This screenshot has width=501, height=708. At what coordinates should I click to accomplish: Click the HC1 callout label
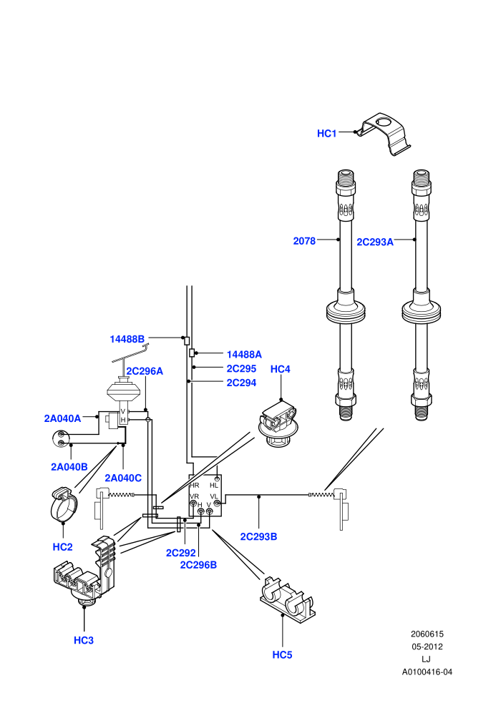pyautogui.click(x=326, y=133)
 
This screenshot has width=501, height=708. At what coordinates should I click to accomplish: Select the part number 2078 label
pyautogui.click(x=304, y=241)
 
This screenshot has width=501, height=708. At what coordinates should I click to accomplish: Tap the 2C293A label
pyautogui.click(x=375, y=242)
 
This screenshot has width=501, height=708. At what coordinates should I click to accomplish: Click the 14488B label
pyautogui.click(x=127, y=339)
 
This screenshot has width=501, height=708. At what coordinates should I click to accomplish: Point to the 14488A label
pyautogui.click(x=244, y=355)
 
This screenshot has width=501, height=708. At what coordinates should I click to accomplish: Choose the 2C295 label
pyautogui.click(x=241, y=368)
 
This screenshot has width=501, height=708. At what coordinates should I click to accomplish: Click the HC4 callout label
pyautogui.click(x=280, y=369)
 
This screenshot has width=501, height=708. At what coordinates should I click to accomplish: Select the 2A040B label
pyautogui.click(x=69, y=467)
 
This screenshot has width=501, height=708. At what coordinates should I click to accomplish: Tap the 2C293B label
pyautogui.click(x=258, y=536)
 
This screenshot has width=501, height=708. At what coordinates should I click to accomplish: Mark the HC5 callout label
pyautogui.click(x=282, y=654)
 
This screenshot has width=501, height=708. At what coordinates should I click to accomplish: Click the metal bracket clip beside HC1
pyautogui.click(x=384, y=134)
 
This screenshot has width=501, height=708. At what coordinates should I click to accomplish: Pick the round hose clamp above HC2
pyautogui.click(x=63, y=505)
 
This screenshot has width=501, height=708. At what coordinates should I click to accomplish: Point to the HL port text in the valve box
pyautogui.click(x=214, y=485)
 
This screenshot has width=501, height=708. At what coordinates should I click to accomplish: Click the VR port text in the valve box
pyautogui.click(x=194, y=497)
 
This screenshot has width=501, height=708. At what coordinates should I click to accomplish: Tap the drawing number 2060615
pyautogui.click(x=427, y=634)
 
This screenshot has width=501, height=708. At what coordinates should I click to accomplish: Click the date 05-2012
pyautogui.click(x=427, y=646)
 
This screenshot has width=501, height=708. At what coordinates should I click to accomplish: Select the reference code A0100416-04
pyautogui.click(x=427, y=672)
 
